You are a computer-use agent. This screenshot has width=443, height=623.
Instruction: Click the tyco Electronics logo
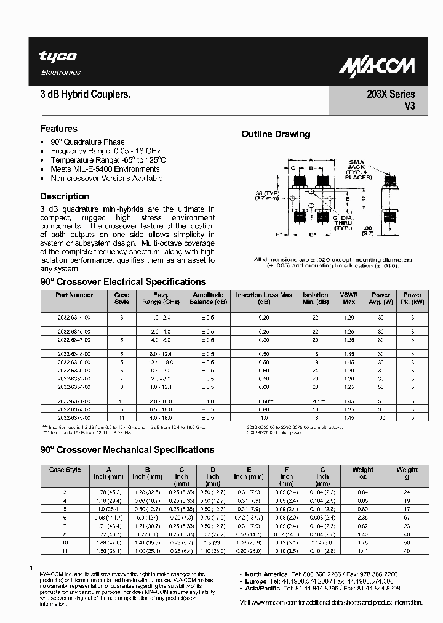[60, 63]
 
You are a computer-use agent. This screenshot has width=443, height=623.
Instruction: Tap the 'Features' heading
[58, 129]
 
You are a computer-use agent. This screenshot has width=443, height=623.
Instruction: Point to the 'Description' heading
[65, 196]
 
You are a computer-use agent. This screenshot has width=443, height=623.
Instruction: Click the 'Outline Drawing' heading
[276, 134]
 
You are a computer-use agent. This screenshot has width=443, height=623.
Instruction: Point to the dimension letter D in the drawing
[363, 199]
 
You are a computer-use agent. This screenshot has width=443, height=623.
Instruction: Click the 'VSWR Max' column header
[349, 299]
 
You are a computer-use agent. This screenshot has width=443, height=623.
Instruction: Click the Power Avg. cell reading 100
[381, 418]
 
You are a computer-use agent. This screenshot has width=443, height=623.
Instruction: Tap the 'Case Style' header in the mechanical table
[65, 470]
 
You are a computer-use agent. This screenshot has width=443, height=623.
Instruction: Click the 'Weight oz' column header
[362, 473]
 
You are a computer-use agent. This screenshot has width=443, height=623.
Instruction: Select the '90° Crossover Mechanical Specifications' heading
[127, 450]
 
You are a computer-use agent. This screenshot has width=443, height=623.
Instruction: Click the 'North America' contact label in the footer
[266, 574]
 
